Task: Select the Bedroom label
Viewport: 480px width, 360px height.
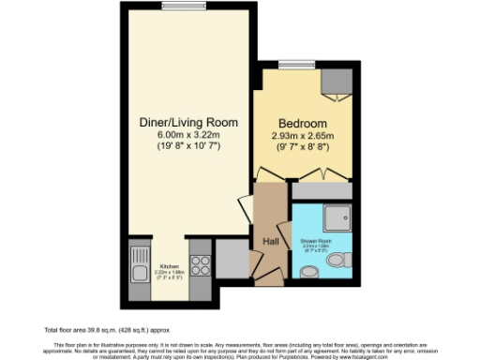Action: [302, 124]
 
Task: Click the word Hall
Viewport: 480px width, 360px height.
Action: [271, 241]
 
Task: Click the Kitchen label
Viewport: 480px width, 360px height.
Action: [170, 265]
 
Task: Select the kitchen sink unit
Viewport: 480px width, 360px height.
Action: [140, 262]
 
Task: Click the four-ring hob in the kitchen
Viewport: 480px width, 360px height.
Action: [200, 262]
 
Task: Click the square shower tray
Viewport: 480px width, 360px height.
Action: [331, 217]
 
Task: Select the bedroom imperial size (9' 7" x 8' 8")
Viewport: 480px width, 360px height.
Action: [302, 146]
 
